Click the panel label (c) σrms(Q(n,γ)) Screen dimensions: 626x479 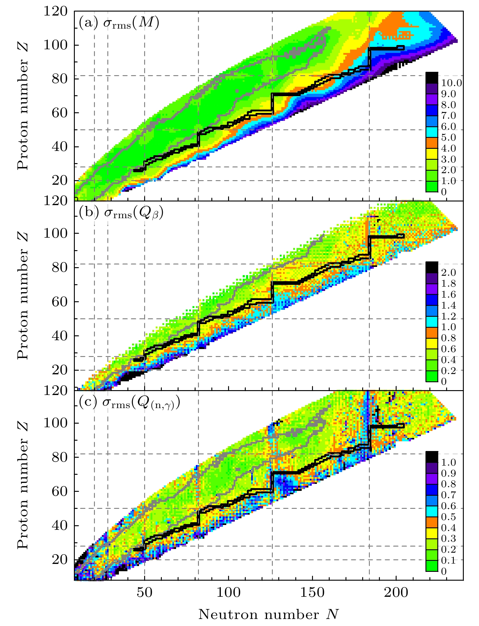pos(129,403)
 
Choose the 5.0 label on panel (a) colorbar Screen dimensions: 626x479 pos(448,138)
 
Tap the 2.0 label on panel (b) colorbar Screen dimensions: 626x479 pos(448,273)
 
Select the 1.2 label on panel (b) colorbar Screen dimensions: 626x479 pos(448,316)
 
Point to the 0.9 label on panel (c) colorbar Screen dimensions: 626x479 pos(448,473)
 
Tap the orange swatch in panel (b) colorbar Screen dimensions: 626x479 pos(432,333)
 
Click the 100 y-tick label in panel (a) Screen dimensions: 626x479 pos(58,45)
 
